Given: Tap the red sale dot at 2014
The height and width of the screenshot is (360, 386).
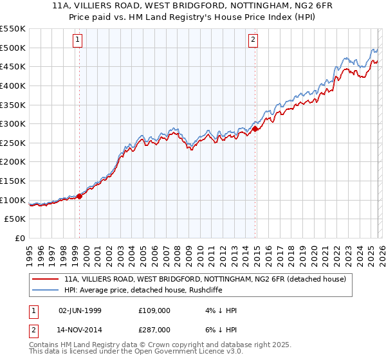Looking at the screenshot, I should [255, 129].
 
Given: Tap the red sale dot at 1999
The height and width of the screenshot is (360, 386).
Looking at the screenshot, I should [79, 197].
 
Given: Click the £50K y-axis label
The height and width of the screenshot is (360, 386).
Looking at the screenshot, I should [15, 219].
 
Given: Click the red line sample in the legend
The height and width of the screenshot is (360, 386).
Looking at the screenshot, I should [45, 279].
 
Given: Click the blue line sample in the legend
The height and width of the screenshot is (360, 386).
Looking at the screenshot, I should [45, 291].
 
